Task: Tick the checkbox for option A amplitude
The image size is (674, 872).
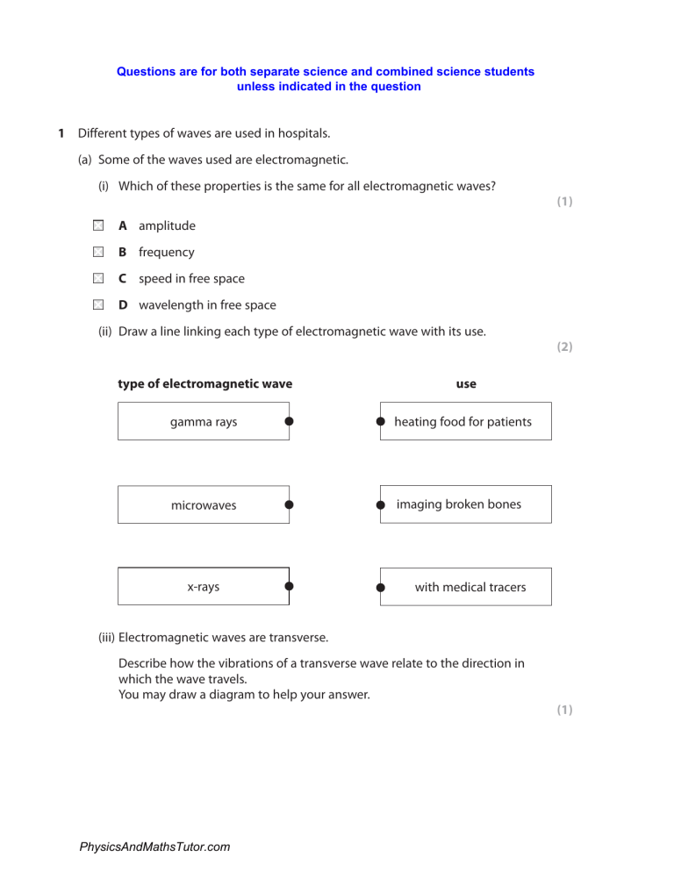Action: pyautogui.click(x=99, y=225)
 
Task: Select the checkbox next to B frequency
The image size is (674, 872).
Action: pyautogui.click(x=99, y=252)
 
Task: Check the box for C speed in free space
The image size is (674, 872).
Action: pyautogui.click(x=99, y=278)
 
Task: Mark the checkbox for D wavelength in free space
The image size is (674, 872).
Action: pyautogui.click(x=99, y=305)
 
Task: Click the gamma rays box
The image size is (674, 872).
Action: pyautogui.click(x=204, y=422)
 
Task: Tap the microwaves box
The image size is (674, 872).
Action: pyautogui.click(x=204, y=505)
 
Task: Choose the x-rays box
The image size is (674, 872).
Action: pyautogui.click(x=204, y=587)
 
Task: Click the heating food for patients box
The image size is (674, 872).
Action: pyautogui.click(x=465, y=422)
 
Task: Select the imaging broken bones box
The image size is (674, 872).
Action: pyautogui.click(x=465, y=504)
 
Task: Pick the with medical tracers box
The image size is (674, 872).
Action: pyautogui.click(x=465, y=587)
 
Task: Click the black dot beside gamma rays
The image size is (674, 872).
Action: pyautogui.click(x=289, y=422)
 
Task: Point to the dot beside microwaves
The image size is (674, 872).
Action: pyautogui.click(x=289, y=505)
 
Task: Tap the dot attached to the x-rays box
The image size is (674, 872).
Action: pyautogui.click(x=289, y=587)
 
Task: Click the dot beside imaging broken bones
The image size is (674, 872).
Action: pyautogui.click(x=381, y=505)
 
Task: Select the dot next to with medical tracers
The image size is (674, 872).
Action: pyautogui.click(x=381, y=587)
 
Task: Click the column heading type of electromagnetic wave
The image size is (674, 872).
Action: pyautogui.click(x=205, y=383)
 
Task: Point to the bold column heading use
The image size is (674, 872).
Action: pyautogui.click(x=466, y=383)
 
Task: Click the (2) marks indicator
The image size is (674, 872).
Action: pyautogui.click(x=564, y=347)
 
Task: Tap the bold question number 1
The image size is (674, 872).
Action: pyautogui.click(x=61, y=133)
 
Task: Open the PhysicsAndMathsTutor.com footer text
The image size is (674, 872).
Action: pyautogui.click(x=154, y=847)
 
